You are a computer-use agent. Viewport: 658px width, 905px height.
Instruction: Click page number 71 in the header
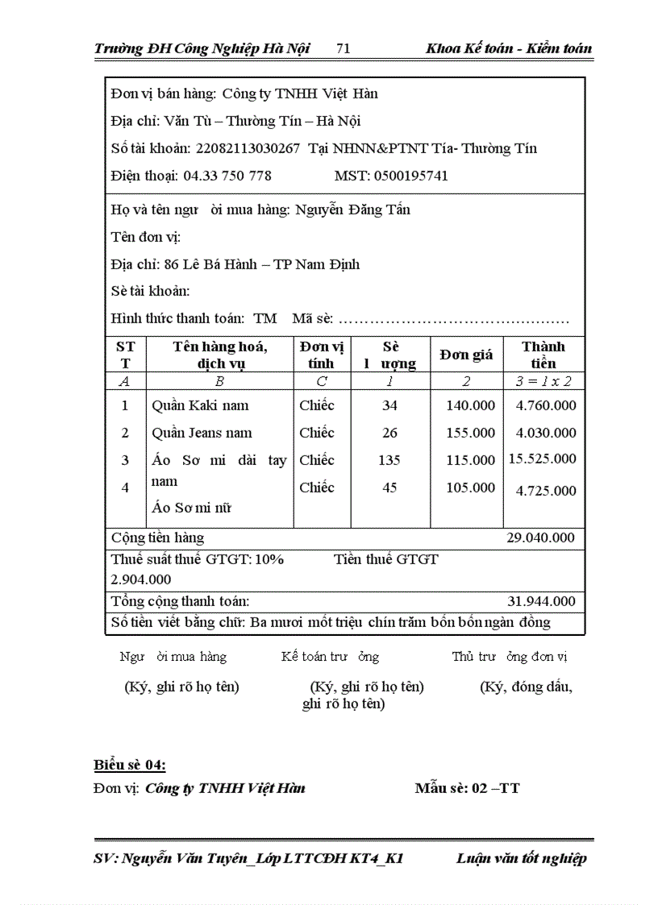[343, 48]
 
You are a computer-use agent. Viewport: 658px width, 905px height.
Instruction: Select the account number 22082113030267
[248, 148]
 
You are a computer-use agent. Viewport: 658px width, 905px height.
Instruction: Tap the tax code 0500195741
[410, 176]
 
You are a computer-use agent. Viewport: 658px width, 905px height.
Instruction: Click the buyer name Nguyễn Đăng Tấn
[352, 210]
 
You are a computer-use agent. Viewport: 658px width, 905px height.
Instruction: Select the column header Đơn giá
[466, 355]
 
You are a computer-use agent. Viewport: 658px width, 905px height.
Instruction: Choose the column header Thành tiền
[543, 355]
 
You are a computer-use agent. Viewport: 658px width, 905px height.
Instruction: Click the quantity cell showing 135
[389, 460]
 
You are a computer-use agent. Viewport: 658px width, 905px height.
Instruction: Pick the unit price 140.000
[470, 405]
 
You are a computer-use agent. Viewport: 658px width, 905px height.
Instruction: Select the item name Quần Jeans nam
[202, 433]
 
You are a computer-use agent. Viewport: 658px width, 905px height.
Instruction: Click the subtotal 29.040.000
[540, 538]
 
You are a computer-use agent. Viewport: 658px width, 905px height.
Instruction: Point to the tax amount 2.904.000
[140, 579]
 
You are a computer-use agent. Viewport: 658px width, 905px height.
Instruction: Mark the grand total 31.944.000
[541, 601]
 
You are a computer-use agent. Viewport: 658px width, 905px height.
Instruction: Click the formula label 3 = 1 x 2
[543, 381]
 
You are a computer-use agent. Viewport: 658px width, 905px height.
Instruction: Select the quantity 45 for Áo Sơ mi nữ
[389, 488]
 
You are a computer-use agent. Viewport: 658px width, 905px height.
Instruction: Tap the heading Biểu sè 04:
[130, 765]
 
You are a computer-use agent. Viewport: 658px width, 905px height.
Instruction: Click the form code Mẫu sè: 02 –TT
[467, 788]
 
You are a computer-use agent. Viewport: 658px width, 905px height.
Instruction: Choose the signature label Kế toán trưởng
[330, 657]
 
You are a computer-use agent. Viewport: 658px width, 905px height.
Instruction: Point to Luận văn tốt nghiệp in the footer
[521, 858]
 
